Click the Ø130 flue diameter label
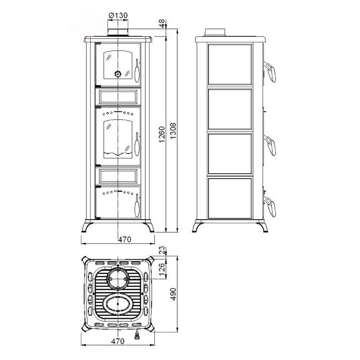click(x=118, y=15)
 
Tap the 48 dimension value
click(x=162, y=23)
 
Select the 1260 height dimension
click(x=162, y=134)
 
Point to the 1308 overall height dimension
click(x=173, y=130)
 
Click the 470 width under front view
click(x=125, y=239)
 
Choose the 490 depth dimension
click(x=173, y=294)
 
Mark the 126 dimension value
click(x=162, y=269)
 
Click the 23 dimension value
click(x=162, y=250)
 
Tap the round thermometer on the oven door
click(x=118, y=74)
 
